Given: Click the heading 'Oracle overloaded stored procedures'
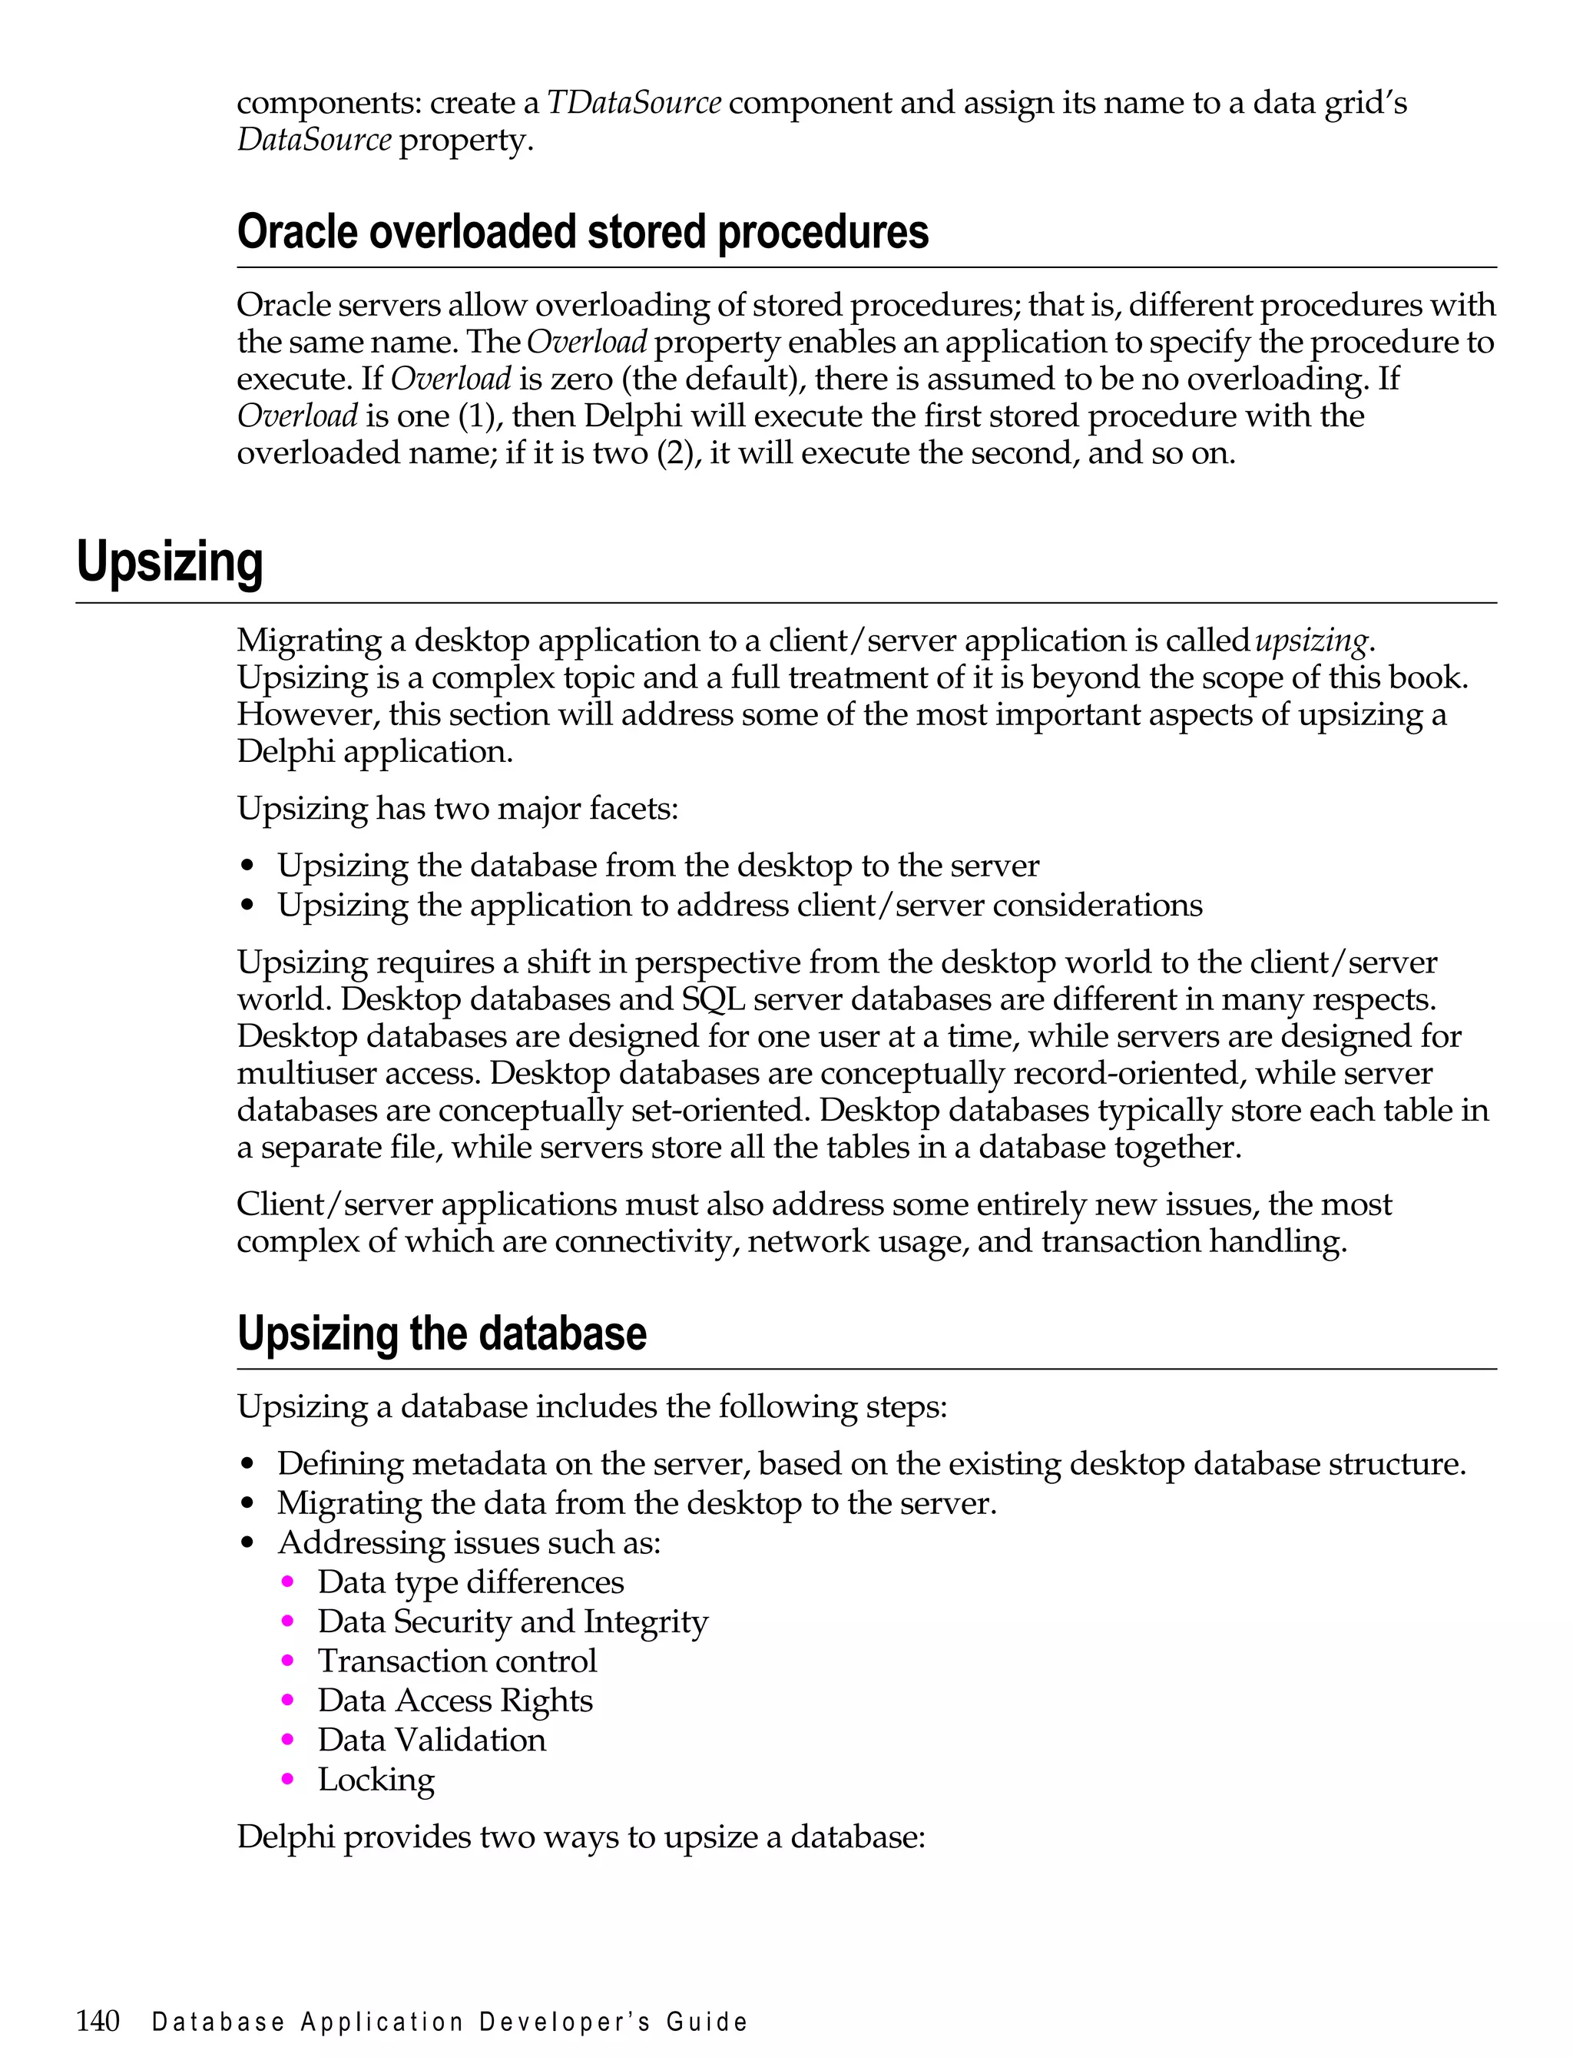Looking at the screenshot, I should coord(582,232).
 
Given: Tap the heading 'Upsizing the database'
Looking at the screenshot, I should coord(441,1333).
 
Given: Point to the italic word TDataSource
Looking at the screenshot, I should coord(633,102).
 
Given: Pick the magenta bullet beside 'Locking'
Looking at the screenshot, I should coord(287,1778).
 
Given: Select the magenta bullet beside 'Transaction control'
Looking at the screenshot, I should coord(287,1660).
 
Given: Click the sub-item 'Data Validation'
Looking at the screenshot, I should coord(432,1739).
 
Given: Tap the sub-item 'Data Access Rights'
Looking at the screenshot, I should coord(455,1699).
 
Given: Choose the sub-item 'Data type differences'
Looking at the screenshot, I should coord(470,1582).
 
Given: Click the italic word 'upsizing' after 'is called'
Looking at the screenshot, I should coord(1311,641).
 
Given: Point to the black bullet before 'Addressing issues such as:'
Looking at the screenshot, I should coord(247,1543).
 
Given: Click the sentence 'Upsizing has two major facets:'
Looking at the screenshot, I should coord(457,808).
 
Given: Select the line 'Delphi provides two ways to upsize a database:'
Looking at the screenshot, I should coord(581,1836).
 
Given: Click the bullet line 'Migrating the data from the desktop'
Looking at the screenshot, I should coord(637,1502).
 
